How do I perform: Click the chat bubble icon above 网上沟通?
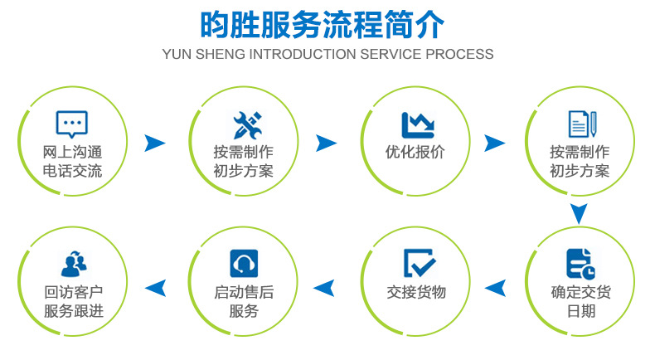tap(71, 125)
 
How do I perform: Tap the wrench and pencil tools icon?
tap(247, 124)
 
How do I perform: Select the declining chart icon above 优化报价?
tap(417, 124)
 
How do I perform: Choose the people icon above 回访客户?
tap(73, 263)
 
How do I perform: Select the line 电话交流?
tap(72, 172)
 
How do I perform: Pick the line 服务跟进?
tap(72, 311)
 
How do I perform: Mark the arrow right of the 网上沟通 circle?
tap(154, 143)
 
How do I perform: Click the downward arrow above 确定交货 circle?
tap(579, 213)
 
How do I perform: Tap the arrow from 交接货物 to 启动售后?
tap(324, 289)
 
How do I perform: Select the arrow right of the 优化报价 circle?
tap(494, 143)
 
